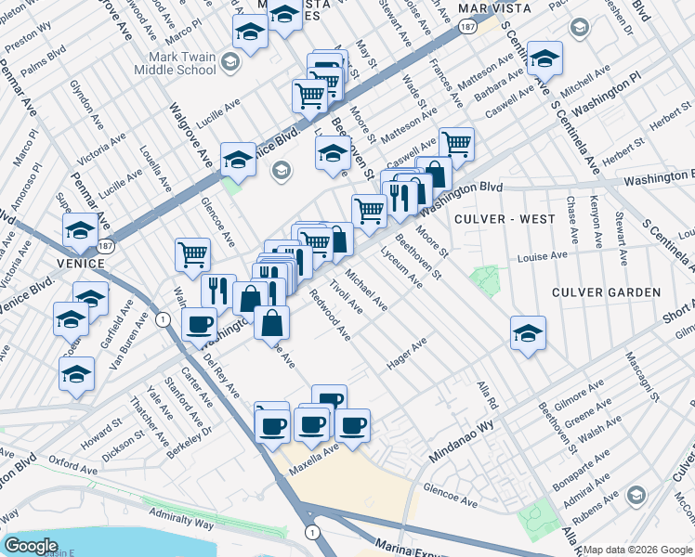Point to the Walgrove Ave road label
pyautogui.click(x=191, y=139)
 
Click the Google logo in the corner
pyautogui.click(x=32, y=546)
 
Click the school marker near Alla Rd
pyautogui.click(x=528, y=332)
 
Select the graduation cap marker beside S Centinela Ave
pyautogui.click(x=544, y=58)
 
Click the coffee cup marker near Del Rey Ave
pyautogui.click(x=200, y=326)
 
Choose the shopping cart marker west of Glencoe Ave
pyautogui.click(x=192, y=254)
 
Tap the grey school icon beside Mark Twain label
pyautogui.click(x=231, y=61)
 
